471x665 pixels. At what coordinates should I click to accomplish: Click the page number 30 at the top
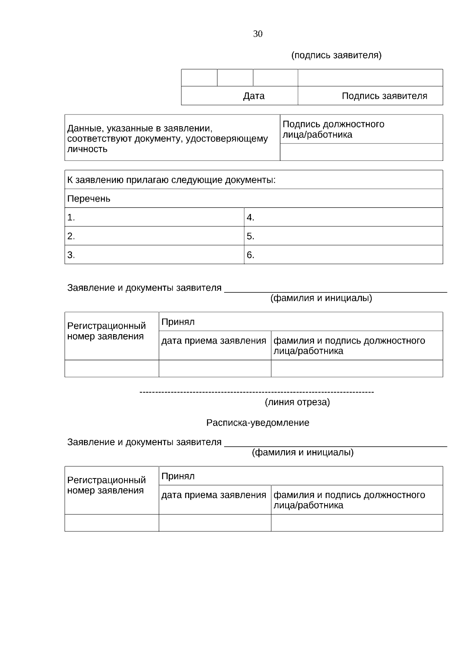click(257, 34)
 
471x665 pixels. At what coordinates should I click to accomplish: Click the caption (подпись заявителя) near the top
click(336, 55)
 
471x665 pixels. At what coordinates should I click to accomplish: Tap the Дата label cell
click(254, 96)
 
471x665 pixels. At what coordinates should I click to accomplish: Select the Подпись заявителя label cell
click(384, 96)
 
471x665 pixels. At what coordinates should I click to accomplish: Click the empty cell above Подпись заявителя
click(370, 78)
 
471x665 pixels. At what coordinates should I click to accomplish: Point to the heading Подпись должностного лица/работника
click(333, 129)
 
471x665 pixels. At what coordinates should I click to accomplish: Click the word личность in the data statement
click(87, 149)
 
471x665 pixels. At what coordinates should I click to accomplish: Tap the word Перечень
click(89, 199)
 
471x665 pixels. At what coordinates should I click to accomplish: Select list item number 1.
click(71, 217)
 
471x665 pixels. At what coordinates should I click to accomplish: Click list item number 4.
click(250, 217)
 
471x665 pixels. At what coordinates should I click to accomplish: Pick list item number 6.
click(250, 255)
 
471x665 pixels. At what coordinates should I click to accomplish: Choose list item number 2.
click(71, 236)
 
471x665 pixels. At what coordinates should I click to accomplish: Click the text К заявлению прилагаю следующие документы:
click(171, 180)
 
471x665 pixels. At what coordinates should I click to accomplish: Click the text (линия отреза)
click(297, 402)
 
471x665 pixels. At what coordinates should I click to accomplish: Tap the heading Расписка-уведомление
click(257, 423)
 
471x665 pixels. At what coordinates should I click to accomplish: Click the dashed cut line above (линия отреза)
click(257, 392)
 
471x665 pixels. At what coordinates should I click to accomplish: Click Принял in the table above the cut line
click(178, 322)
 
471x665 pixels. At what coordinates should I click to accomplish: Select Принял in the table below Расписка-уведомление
click(178, 476)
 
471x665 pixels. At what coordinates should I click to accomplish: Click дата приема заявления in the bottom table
click(214, 495)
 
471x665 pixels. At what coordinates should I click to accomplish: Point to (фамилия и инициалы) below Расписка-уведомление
click(302, 453)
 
